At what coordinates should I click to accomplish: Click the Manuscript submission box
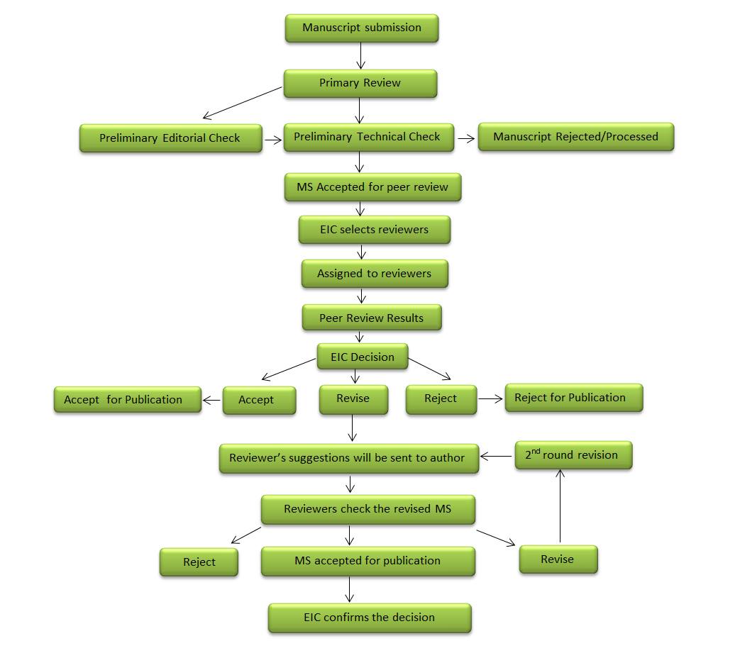coord(362,28)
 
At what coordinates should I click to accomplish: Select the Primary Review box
coord(360,83)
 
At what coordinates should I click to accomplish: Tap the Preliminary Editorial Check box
coord(170,138)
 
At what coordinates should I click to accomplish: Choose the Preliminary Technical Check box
coord(368,137)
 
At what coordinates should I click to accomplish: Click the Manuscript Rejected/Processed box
coord(575,137)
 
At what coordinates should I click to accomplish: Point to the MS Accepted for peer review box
coord(372,187)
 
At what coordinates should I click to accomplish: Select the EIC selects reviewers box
coord(374,230)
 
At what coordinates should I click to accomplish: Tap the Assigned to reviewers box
coord(374,274)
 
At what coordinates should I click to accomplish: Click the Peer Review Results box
coord(371,318)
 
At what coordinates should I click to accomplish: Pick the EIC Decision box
coord(362,357)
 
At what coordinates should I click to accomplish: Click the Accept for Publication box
coord(127,400)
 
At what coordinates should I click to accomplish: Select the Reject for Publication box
coord(573,398)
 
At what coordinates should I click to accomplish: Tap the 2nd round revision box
coord(573,455)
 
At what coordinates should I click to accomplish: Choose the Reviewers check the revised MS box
coord(368,509)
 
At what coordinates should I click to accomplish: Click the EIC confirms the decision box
coord(369,618)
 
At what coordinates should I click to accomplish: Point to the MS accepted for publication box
coord(368,561)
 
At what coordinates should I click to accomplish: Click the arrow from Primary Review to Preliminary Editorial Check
coord(243,103)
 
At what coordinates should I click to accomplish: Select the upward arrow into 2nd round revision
coord(560,506)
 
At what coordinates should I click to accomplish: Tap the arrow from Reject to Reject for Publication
coord(490,398)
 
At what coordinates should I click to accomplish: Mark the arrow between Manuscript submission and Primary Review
coord(360,56)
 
